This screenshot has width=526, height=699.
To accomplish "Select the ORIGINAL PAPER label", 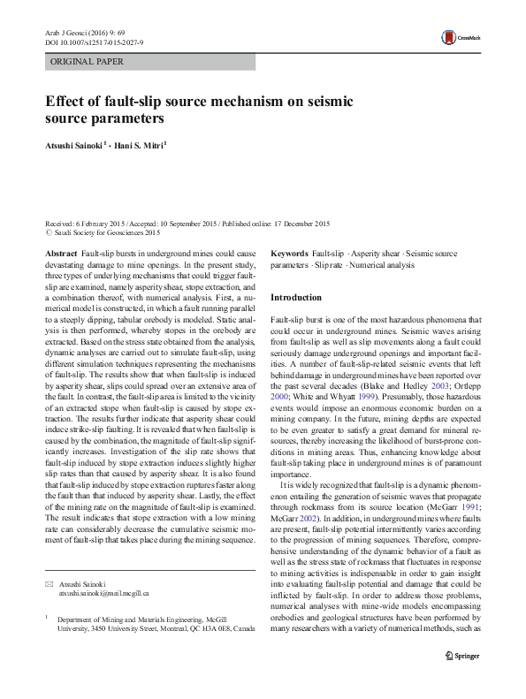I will click(x=88, y=62).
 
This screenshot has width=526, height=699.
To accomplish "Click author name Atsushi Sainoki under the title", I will click(x=75, y=144).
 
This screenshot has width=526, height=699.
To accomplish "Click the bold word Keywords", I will click(x=289, y=254).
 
